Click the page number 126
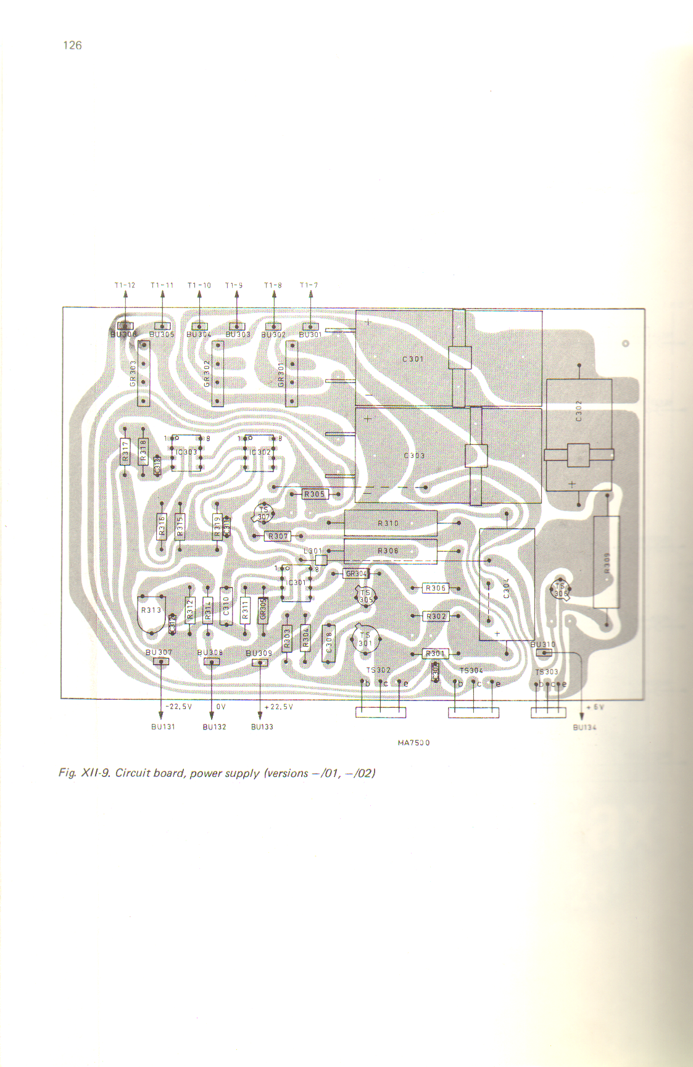coord(72,45)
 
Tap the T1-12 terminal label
coord(125,285)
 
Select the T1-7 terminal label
coord(309,285)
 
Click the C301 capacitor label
coord(413,359)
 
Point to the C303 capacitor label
coord(414,455)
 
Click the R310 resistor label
coord(388,523)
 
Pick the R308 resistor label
coord(388,550)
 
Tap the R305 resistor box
coord(315,494)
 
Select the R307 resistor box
coord(278,536)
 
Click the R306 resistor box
coord(435,588)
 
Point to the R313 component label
coord(151,610)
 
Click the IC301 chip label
coord(297,583)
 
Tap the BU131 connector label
coord(163,727)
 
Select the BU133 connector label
coord(262,727)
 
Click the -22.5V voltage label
coord(179,707)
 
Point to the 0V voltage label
coord(221,707)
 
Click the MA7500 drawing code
coord(413,742)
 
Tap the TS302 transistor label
coord(378,670)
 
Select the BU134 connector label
coord(584,728)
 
